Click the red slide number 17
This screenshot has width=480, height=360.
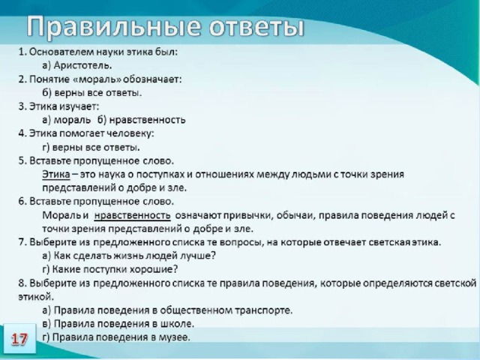tap(19, 339)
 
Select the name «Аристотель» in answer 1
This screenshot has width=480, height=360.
tap(82, 65)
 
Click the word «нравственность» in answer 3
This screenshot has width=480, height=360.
tap(147, 120)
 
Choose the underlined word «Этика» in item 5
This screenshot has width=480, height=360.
tap(56, 174)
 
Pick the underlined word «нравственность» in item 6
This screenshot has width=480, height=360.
tap(132, 215)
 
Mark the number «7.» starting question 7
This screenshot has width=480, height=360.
tap(22, 242)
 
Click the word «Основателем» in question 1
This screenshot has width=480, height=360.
tap(61, 52)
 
